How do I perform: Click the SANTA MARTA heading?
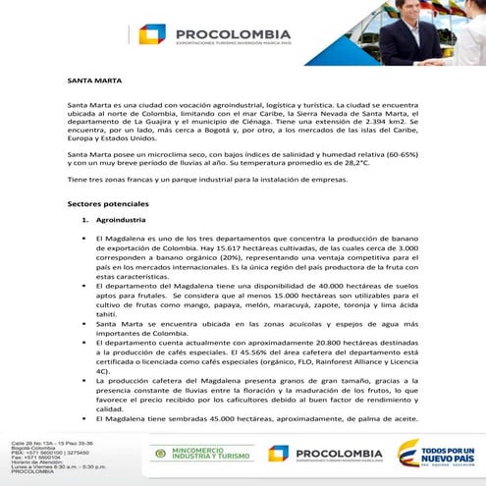tap(86, 81)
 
